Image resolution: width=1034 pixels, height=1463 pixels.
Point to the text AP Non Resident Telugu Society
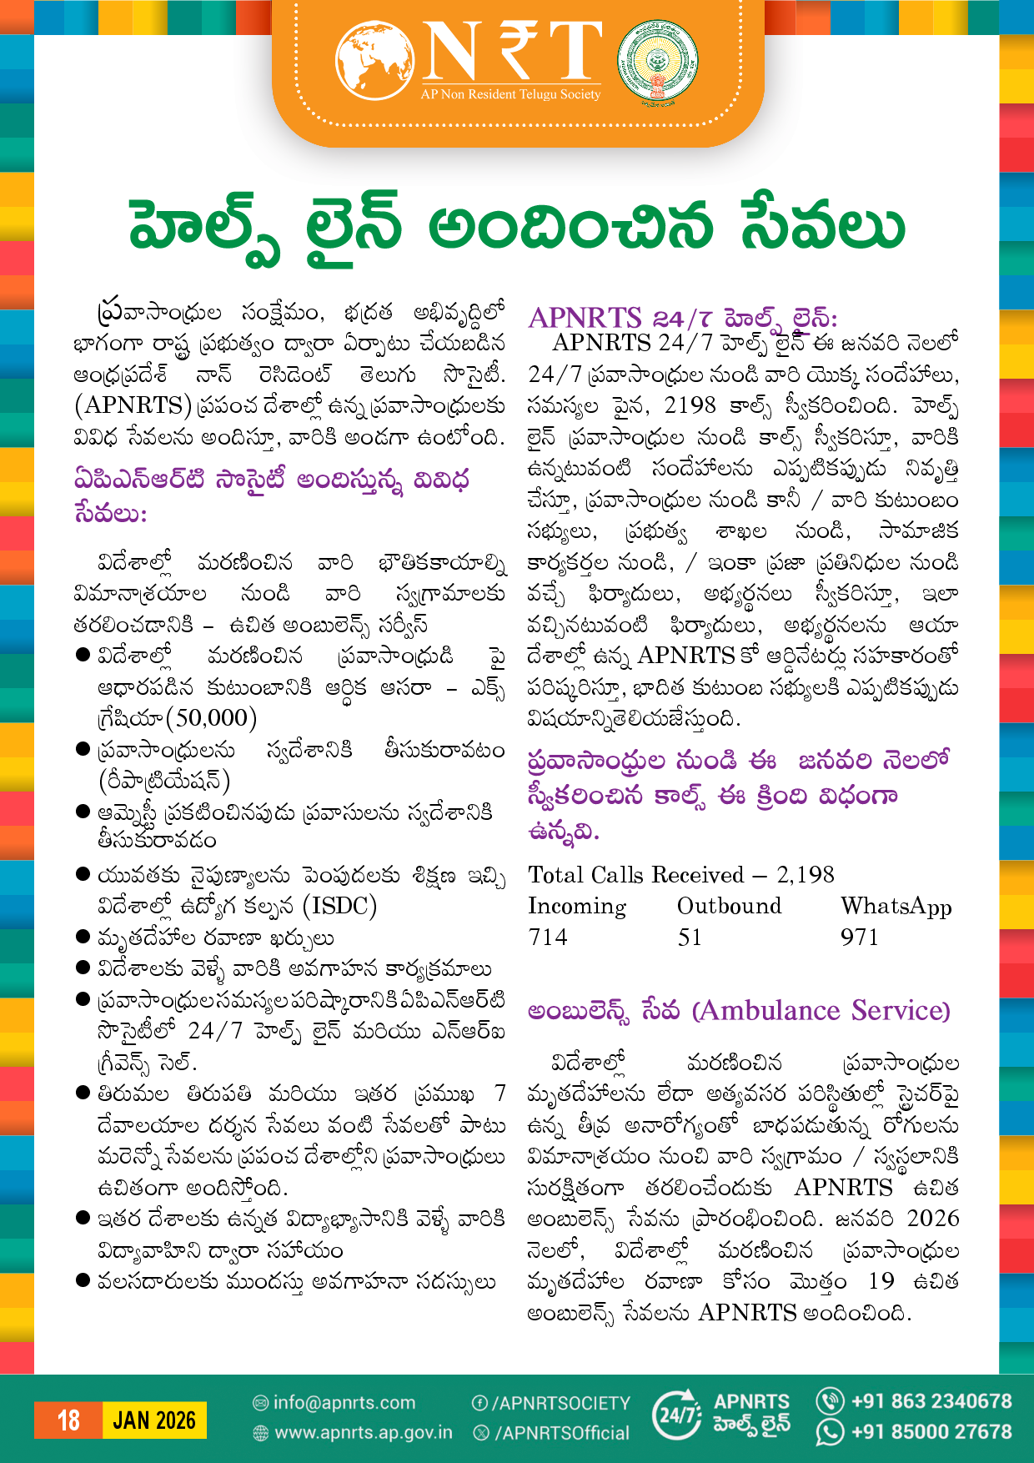coord(510,95)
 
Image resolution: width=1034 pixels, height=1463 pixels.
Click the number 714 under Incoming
coord(548,938)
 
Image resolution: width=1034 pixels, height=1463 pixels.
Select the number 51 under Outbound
coord(690,938)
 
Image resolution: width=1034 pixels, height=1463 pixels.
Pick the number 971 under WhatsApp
coord(860,938)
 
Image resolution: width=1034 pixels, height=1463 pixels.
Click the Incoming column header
coord(577,907)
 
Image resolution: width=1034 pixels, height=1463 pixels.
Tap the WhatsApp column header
coord(896,907)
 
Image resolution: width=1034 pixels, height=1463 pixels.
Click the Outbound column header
coord(730,907)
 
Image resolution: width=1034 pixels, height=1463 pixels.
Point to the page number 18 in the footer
coord(68,1420)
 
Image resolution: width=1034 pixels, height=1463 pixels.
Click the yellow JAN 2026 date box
coord(154,1420)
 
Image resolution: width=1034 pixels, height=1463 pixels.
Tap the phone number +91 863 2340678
coord(931,1401)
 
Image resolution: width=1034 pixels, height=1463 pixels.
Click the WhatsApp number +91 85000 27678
coord(931,1432)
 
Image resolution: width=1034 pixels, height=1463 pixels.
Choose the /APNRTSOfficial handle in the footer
coord(562,1433)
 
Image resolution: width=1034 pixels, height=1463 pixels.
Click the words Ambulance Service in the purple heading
coord(821,1011)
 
